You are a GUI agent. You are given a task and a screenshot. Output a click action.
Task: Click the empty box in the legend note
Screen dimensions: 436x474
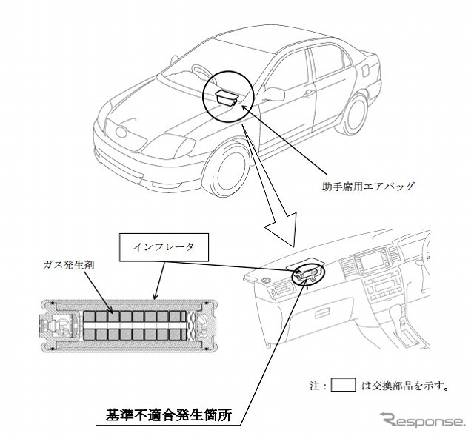343,385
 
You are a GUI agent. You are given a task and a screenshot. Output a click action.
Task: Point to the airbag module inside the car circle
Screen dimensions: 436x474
227,98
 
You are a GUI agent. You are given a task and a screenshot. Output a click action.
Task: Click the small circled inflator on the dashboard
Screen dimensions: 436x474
310,274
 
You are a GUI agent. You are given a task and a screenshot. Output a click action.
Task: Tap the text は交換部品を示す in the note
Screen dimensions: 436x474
404,386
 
